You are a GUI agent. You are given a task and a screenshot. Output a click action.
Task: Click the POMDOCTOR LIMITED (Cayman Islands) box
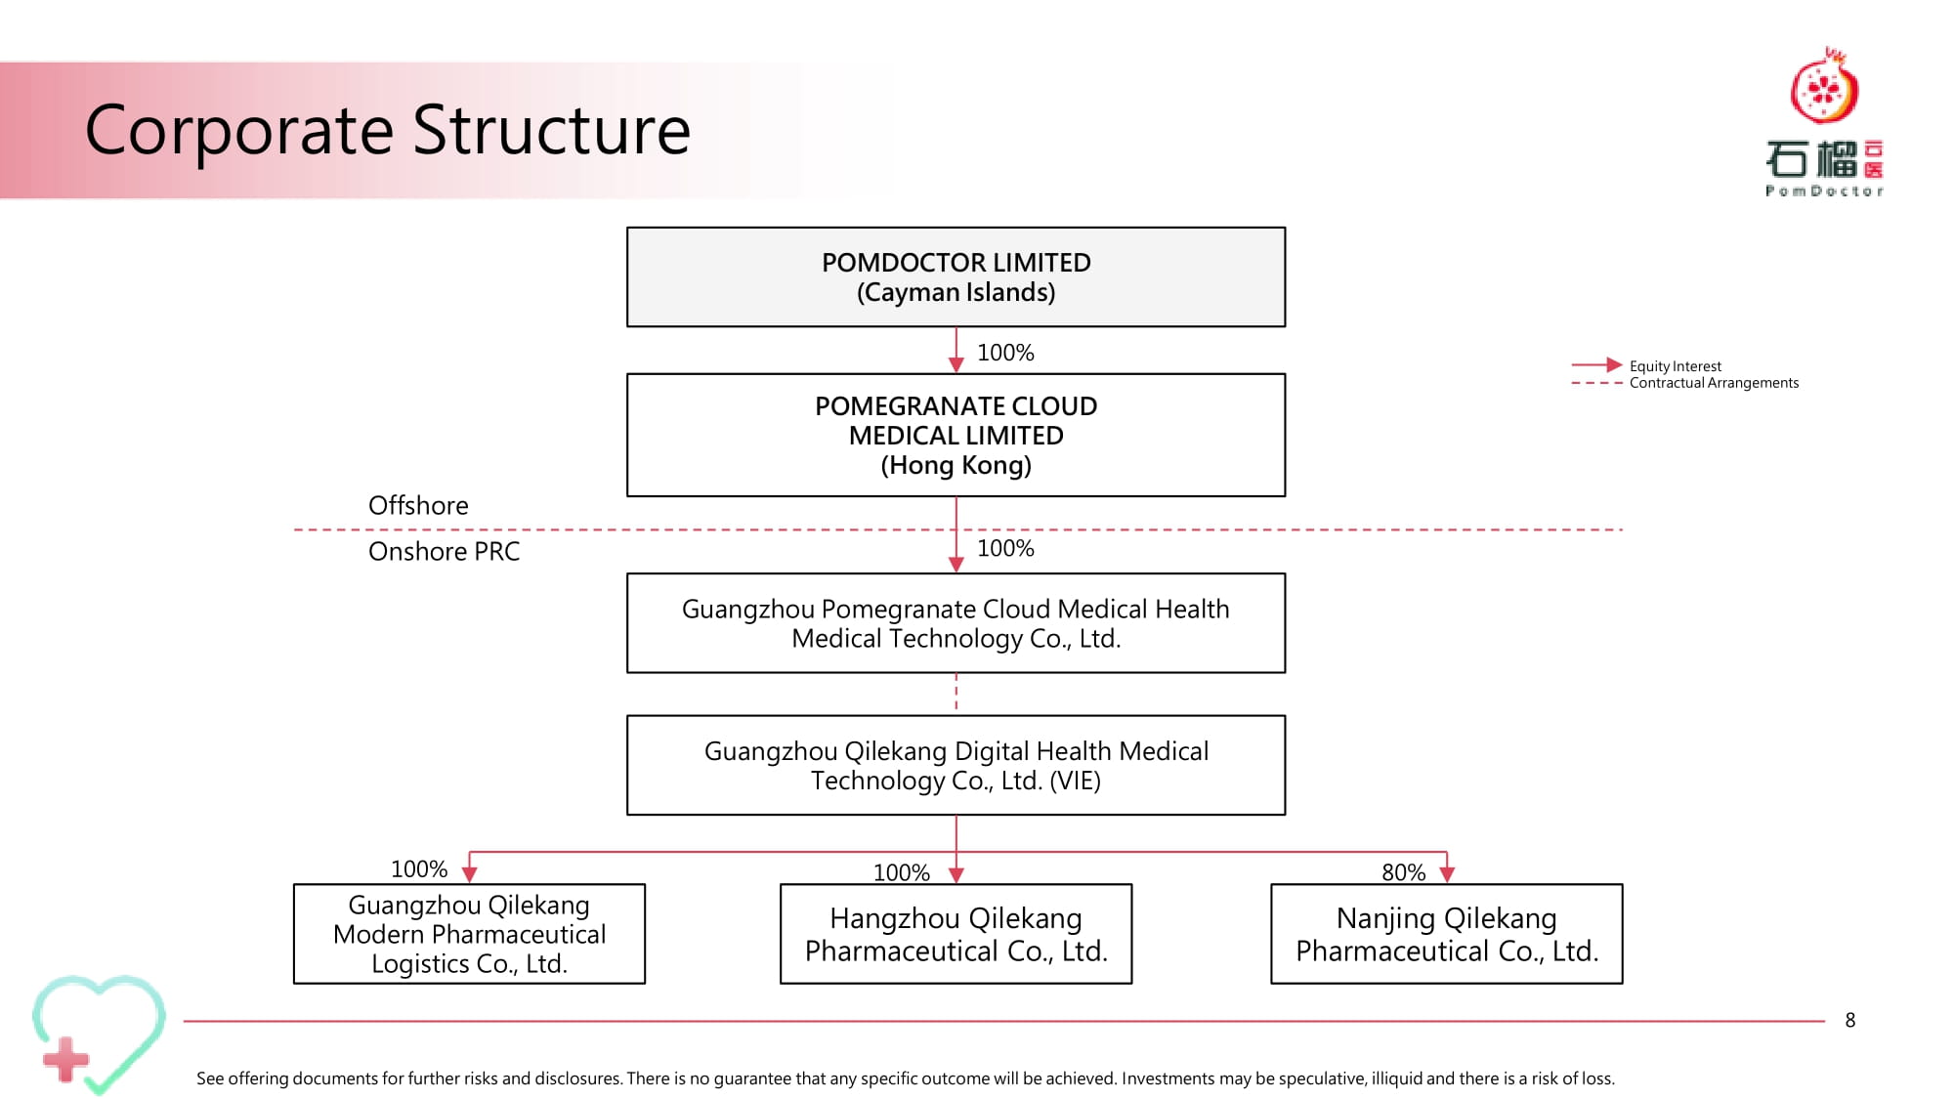(x=956, y=277)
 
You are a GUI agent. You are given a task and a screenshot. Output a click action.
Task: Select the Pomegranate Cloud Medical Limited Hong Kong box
(x=956, y=435)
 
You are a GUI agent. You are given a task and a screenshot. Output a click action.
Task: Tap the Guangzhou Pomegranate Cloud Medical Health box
(x=956, y=623)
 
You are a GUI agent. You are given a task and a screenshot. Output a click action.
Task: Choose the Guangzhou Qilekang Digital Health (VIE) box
(x=956, y=765)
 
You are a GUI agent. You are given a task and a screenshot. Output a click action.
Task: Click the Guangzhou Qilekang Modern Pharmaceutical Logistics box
(x=469, y=934)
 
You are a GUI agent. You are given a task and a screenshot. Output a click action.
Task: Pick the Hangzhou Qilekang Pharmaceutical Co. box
(x=956, y=934)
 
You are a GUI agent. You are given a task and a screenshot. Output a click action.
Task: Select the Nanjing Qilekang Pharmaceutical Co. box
(x=1446, y=934)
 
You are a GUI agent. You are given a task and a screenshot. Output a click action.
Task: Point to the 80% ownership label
(x=1403, y=872)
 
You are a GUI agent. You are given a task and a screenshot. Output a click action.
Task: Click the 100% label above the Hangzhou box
(x=901, y=872)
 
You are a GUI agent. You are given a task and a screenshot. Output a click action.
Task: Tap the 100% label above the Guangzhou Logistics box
(x=419, y=869)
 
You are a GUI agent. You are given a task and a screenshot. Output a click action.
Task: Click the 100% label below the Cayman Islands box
(x=1005, y=353)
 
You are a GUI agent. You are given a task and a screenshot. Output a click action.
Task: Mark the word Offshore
(x=418, y=505)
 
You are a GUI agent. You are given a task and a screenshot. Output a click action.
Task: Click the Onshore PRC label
(x=444, y=551)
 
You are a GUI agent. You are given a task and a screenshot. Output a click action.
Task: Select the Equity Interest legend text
(x=1675, y=366)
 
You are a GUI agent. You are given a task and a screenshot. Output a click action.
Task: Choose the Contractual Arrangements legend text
(x=1714, y=383)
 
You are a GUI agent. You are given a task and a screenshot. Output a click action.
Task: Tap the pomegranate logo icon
(x=1824, y=86)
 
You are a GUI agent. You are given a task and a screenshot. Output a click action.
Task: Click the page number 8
(x=1849, y=1020)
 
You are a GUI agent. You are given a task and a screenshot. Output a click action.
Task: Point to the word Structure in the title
(x=551, y=130)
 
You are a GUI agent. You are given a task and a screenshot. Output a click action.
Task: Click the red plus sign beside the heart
(x=66, y=1060)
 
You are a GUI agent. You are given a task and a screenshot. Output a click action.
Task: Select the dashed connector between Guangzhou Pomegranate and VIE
(x=956, y=694)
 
